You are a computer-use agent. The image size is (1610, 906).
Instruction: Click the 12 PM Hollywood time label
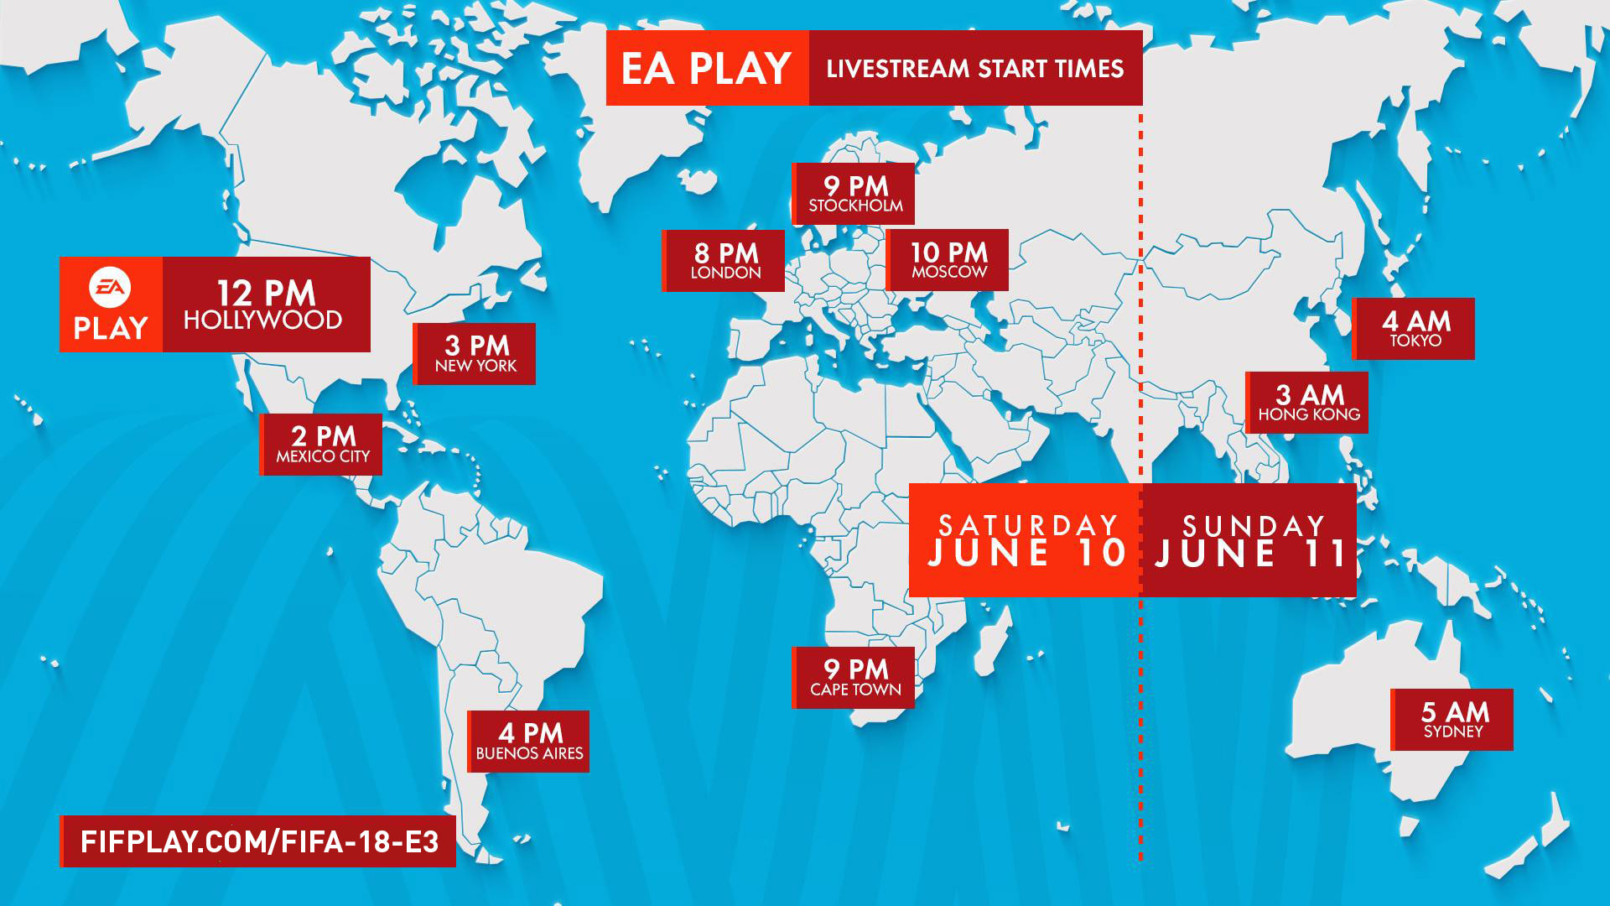(x=265, y=305)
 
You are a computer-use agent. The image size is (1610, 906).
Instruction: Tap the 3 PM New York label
(x=475, y=353)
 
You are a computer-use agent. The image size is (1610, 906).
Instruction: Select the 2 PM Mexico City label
(x=322, y=445)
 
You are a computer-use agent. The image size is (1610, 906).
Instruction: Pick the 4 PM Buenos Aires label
(x=529, y=742)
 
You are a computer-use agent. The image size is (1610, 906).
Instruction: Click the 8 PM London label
(x=724, y=261)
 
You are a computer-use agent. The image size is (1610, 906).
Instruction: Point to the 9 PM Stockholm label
(x=854, y=194)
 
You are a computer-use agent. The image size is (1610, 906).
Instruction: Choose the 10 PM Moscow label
(x=948, y=260)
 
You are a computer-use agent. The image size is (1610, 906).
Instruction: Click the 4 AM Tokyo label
(x=1415, y=329)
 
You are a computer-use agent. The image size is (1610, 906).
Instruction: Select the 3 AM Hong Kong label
(x=1308, y=403)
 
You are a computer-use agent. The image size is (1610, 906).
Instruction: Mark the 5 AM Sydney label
(x=1453, y=720)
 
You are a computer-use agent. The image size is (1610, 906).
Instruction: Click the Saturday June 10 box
(x=1026, y=541)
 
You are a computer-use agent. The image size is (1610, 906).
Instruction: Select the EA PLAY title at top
(x=706, y=68)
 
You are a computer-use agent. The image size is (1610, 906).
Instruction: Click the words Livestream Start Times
(x=974, y=68)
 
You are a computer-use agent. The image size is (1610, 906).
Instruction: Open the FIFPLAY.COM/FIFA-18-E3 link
(x=259, y=841)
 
